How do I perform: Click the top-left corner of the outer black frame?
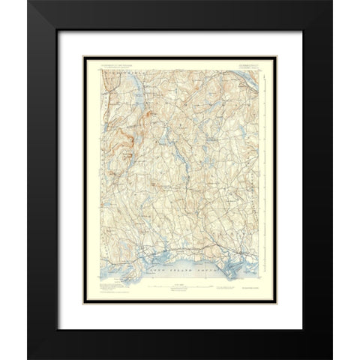click(x=28, y=1)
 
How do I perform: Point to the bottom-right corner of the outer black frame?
click(x=331, y=358)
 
